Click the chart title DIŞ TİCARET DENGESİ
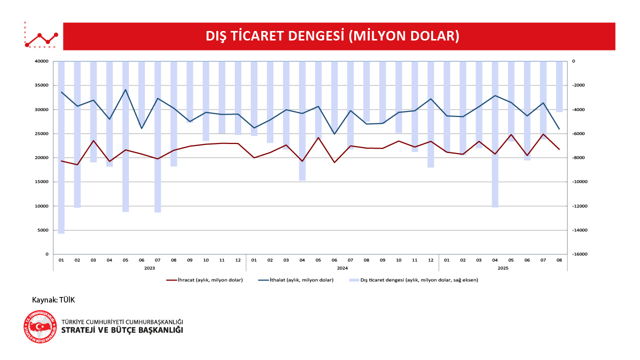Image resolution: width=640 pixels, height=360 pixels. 332,36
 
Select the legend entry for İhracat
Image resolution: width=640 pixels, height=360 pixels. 205,280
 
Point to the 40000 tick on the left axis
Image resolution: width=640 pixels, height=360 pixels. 41,61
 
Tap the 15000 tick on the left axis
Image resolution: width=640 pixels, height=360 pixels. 41,182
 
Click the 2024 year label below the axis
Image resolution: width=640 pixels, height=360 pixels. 342,268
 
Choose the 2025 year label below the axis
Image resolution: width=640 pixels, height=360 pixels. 503,268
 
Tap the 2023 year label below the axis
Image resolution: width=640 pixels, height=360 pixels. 149,268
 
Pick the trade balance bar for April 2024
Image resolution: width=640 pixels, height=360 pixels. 302,120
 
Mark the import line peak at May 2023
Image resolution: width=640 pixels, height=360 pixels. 125,89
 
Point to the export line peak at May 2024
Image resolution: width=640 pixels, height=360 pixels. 318,137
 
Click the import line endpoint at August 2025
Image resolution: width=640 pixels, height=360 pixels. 559,129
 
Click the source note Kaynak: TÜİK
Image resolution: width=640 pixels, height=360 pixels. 53,300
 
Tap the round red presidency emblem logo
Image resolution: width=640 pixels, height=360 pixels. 40,327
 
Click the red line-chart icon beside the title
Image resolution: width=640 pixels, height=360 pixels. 41,36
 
